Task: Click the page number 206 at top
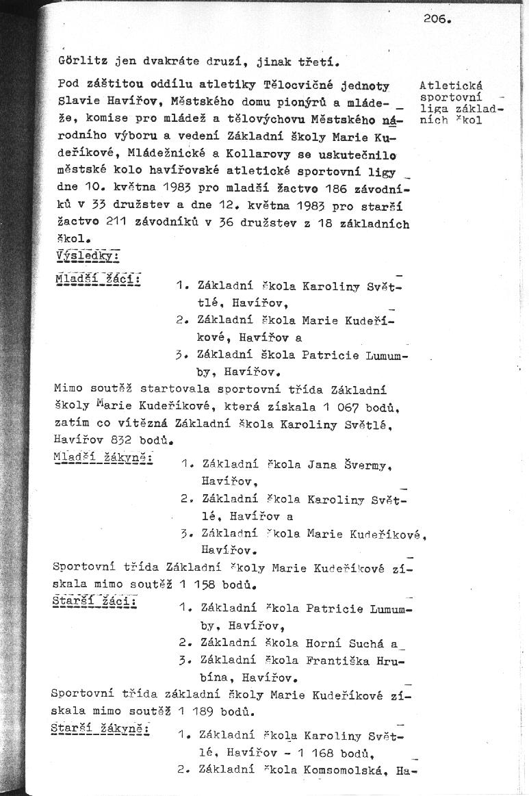coord(436,19)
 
